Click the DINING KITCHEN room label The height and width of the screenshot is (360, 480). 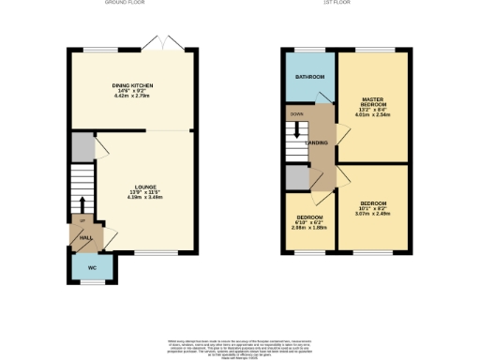point(133,84)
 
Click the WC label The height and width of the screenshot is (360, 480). point(92,268)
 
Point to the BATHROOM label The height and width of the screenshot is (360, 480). point(308,76)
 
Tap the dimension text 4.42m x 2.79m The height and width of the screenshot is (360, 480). point(133,96)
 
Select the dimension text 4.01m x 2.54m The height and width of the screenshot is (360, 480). point(374,117)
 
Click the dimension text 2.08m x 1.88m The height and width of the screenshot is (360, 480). point(308,226)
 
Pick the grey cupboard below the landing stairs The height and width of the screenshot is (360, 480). point(298,176)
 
